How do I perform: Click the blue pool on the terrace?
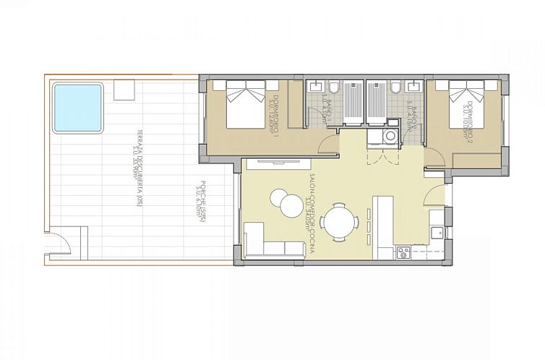coord(78,108)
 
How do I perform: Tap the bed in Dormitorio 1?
coord(244,105)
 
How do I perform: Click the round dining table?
coord(339,221)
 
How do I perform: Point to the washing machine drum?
coord(390,136)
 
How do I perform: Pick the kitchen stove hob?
coord(403,253)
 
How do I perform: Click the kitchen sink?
coord(436,231)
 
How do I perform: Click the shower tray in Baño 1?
coord(353,102)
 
